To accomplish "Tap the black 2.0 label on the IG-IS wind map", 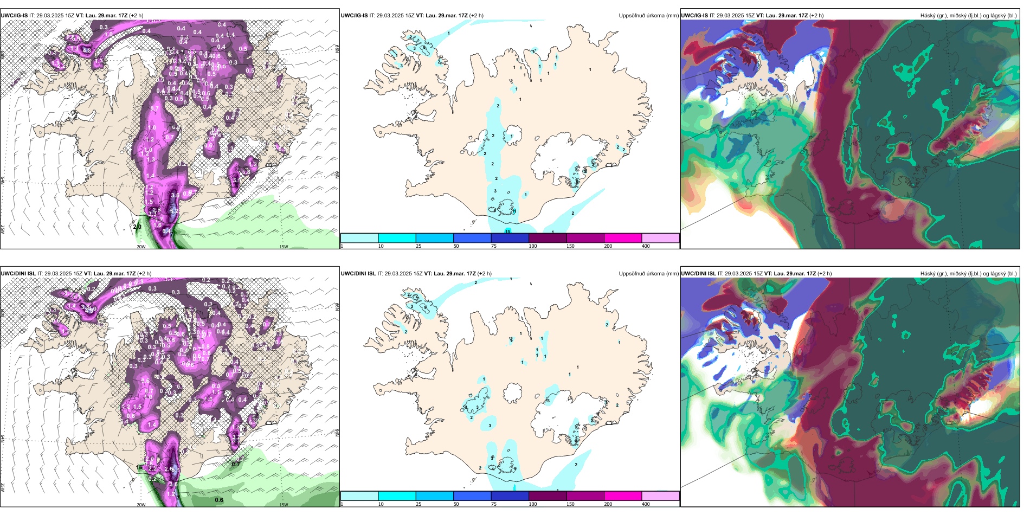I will click(137, 227).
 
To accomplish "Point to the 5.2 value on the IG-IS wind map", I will click(174, 211).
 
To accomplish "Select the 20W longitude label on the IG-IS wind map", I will click(141, 247).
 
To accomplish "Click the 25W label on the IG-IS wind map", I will click(3, 229).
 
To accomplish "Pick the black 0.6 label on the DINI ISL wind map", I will click(219, 500).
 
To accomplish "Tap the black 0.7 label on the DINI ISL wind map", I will click(235, 464).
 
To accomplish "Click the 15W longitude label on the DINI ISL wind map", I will click(283, 505).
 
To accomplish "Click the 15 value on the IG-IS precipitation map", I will click(508, 231).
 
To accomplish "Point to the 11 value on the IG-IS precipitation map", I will click(513, 211).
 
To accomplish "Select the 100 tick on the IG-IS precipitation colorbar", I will click(533, 246).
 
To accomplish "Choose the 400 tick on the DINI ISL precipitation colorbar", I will click(646, 504).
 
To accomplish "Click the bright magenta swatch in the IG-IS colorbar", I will click(623, 238).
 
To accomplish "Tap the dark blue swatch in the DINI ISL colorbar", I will click(510, 496).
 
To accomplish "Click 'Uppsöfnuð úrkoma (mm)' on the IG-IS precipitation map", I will click(648, 16).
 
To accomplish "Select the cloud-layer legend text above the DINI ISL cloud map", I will click(968, 274).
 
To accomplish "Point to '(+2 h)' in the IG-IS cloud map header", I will click(816, 16).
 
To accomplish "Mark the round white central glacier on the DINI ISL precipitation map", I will click(512, 392).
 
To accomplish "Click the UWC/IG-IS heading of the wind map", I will click(14, 16).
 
